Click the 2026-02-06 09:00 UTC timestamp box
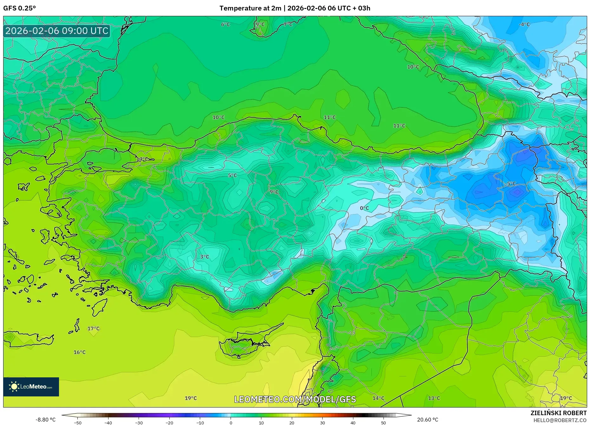[x=57, y=31]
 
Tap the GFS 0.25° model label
[x=19, y=8]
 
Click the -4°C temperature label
[x=524, y=24]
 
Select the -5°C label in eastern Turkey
[x=511, y=184]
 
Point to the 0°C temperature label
[x=364, y=208]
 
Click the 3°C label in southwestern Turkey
[x=205, y=257]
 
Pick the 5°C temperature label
[x=232, y=175]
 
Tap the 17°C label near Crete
[x=93, y=328]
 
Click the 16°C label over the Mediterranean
[x=79, y=352]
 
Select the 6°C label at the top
[x=225, y=24]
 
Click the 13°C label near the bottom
[x=434, y=398]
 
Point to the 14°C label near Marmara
[x=142, y=159]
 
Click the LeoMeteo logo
[x=31, y=387]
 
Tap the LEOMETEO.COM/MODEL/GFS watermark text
[x=295, y=399]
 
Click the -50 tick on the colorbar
[x=77, y=422]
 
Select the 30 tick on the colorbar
[x=322, y=422]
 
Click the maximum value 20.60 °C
[x=427, y=420]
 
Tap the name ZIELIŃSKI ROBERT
[x=558, y=413]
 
